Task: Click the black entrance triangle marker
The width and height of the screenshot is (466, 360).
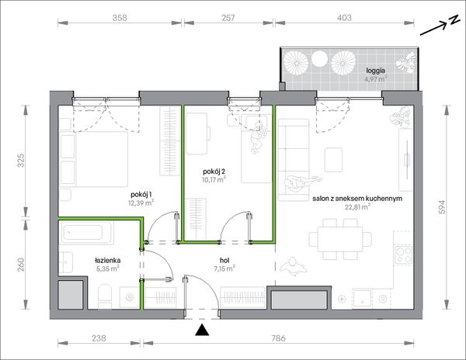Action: pos(202,330)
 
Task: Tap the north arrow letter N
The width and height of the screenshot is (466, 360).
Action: pos(454,20)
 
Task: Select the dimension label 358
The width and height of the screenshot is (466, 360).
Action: pos(120,18)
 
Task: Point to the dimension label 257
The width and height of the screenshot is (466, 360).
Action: pos(228,18)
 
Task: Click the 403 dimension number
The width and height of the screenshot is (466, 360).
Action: pos(344,18)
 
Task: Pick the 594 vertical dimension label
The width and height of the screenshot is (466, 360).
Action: pos(442,207)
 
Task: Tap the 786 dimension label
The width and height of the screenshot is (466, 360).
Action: pos(278,338)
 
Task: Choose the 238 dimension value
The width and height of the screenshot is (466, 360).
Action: pos(99,338)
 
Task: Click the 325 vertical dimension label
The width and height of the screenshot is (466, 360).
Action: pos(21,161)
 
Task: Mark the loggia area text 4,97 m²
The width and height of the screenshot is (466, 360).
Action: pos(376,79)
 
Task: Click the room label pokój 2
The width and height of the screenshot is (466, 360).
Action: pos(214,171)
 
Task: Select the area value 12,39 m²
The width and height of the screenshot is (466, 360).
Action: pos(141,203)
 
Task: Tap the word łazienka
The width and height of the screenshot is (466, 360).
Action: pos(108,261)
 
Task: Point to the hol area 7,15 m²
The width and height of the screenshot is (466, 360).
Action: pos(224,269)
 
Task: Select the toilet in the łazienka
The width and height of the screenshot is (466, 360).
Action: pos(104,296)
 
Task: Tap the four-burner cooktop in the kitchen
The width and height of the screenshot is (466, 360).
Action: pos(403,255)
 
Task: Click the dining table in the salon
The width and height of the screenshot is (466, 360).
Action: pos(340,239)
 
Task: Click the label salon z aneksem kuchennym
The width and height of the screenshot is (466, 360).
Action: pos(357,199)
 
